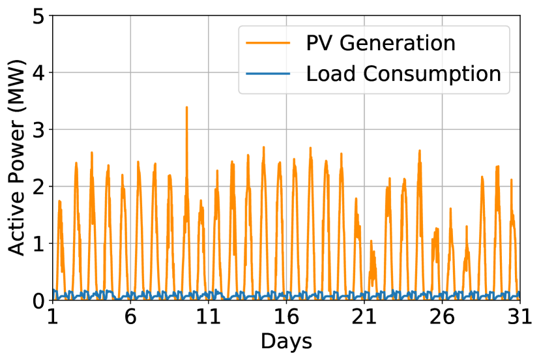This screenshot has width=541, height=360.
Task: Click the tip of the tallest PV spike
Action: [186, 107]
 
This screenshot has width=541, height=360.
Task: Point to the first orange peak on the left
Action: [59, 201]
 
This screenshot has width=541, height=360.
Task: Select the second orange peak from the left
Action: [76, 163]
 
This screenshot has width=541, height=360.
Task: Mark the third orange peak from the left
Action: [92, 153]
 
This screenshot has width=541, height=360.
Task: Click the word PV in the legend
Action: [319, 43]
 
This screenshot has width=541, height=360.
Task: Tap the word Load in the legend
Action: [329, 74]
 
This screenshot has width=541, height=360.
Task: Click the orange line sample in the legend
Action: [268, 43]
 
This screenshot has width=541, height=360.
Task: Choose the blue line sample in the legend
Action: [268, 74]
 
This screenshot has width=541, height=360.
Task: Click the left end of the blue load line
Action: [53, 291]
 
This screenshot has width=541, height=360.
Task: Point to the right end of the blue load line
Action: [519, 293]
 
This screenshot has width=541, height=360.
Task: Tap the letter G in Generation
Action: [349, 43]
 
